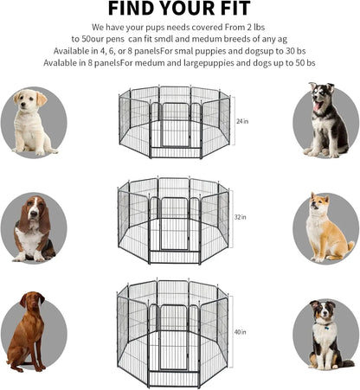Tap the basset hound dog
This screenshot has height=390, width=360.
tap(33, 228)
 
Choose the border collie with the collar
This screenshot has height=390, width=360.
tap(325, 332)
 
